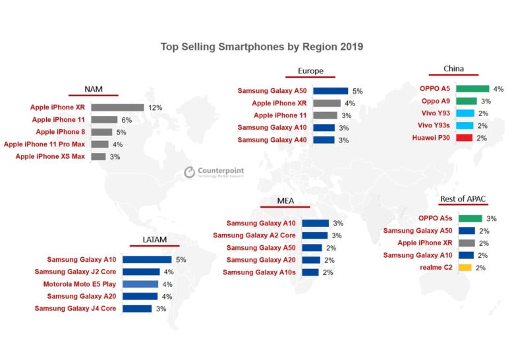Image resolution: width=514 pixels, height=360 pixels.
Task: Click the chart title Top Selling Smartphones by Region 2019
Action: coord(262,47)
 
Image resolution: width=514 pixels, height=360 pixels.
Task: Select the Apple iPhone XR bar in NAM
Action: coord(117,107)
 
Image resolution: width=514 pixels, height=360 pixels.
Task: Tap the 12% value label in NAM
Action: coord(155,107)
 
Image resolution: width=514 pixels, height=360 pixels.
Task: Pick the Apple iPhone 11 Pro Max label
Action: coord(45,144)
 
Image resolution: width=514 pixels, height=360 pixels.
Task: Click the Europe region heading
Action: coord(310,72)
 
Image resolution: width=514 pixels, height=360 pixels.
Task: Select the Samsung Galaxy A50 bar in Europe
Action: coord(330,91)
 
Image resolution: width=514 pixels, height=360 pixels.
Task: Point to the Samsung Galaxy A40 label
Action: coord(272,140)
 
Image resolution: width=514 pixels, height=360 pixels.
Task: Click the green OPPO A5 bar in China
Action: coord(473,88)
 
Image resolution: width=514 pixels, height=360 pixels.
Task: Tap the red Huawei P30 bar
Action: coord(465,138)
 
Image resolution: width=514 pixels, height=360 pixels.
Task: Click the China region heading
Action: coord(453,69)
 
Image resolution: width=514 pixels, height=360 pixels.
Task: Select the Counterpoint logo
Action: coord(212,173)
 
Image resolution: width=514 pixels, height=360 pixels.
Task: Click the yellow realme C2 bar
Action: coord(465,268)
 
